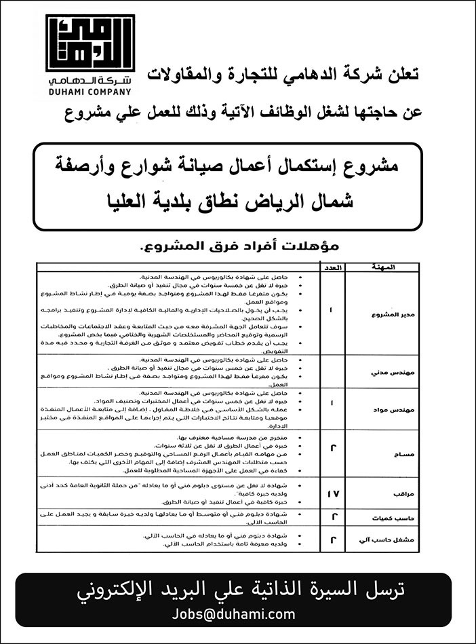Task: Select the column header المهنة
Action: click(382, 267)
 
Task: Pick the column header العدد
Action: click(331, 267)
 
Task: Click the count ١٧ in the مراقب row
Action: click(331, 494)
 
